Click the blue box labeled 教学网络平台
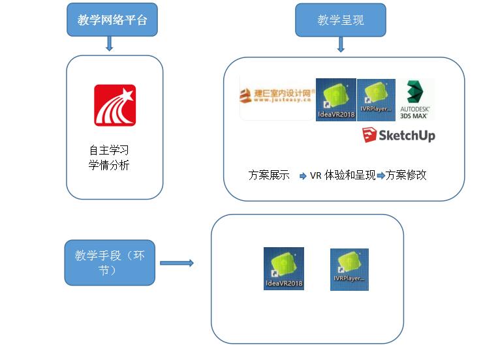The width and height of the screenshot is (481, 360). tap(112, 20)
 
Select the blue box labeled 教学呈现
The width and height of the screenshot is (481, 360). tap(340, 20)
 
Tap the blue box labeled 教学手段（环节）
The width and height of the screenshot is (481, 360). tap(110, 262)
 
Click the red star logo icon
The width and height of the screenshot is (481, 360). tap(115, 105)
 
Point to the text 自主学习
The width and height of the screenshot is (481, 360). tap(109, 150)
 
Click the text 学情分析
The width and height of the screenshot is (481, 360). tap(109, 166)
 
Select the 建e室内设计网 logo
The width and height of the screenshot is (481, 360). tap(276, 98)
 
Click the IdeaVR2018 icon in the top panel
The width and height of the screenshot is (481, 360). tap(335, 100)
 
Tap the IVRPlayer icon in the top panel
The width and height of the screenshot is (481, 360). tap(376, 98)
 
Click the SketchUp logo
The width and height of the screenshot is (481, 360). tap(399, 136)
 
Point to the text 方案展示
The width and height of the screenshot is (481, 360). tap(269, 175)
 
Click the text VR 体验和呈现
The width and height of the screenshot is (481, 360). tap(342, 175)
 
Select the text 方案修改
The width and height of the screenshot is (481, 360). tap(406, 175)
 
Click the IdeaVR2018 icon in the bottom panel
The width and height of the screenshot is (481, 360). tap(284, 268)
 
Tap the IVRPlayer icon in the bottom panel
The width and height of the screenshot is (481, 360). tap(349, 269)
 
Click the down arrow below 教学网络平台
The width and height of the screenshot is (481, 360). tap(110, 44)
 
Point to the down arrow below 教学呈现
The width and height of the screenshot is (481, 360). tap(340, 44)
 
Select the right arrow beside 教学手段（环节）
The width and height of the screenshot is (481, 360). tap(177, 263)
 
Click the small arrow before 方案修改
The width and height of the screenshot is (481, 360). tap(380, 175)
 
